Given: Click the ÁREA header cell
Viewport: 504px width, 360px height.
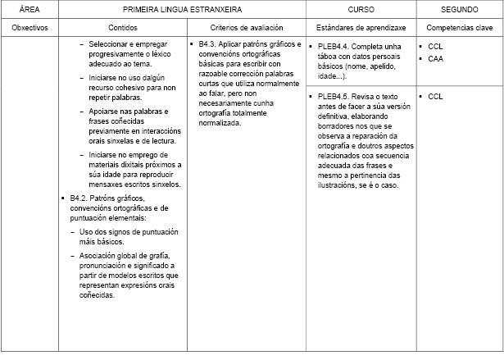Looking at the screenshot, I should coord(30,9).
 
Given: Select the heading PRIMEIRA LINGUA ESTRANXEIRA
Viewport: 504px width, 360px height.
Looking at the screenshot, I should coord(183,9).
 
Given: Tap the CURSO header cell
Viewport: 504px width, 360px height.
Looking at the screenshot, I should coord(361,9).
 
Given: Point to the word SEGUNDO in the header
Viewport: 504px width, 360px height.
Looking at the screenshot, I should coord(459,9).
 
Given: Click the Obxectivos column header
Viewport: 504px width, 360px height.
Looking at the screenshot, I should coord(30,27).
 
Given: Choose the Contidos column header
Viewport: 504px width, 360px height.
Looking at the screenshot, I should coord(122,27).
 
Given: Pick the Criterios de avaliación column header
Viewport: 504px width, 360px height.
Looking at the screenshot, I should coord(246,27).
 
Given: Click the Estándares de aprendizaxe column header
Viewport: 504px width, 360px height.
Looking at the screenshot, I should coord(361,27).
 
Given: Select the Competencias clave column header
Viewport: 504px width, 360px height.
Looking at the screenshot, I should coord(459,27).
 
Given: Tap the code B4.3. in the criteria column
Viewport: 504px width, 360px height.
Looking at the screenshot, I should coord(208,43).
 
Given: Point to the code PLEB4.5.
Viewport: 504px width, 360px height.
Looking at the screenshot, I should coord(336,97).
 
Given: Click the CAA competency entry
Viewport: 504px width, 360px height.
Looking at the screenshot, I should coord(435,59).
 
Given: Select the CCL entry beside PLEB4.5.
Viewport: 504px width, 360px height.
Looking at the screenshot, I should coord(435,97).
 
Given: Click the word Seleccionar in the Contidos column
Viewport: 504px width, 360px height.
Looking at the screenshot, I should coord(111,43).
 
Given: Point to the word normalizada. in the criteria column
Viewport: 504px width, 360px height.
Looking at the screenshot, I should coord(220,123).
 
